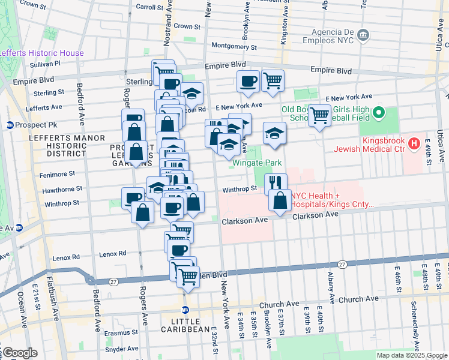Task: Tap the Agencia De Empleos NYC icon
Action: [363, 35]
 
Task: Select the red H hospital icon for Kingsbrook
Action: [413, 143]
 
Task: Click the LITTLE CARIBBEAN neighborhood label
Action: [186, 328]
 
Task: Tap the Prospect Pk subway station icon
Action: [10, 125]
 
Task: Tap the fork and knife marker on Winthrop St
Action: [276, 183]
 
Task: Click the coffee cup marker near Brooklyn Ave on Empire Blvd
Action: [247, 81]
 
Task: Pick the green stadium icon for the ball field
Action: [379, 112]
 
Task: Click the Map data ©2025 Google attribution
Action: [411, 355]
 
